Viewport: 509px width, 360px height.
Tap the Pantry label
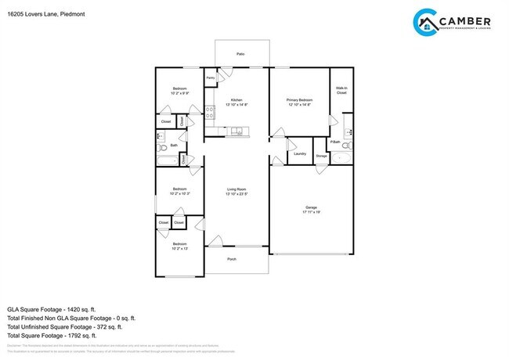tap(211, 78)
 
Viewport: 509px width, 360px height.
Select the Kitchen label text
tap(236, 100)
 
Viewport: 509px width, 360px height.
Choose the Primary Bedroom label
tap(300, 100)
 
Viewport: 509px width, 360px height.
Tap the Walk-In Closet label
tap(341, 91)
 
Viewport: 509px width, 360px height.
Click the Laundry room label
tap(299, 153)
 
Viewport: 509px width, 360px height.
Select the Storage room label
tap(321, 157)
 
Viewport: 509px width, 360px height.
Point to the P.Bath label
tap(335, 142)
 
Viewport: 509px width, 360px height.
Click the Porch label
tap(232, 259)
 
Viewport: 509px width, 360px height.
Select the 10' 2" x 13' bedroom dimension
tap(179, 250)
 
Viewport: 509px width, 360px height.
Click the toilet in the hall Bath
tap(161, 146)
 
